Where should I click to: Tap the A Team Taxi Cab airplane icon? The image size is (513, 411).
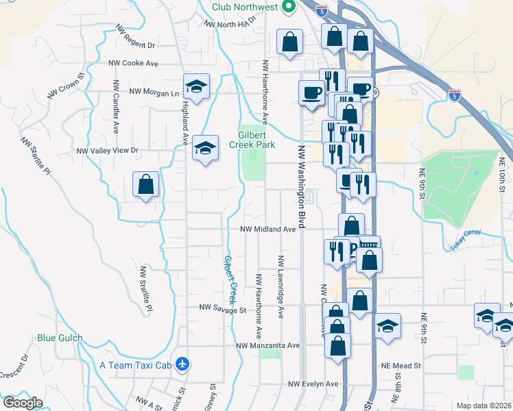click(182, 364)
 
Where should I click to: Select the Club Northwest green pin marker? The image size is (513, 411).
click(289, 7)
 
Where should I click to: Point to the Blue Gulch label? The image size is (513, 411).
click(60, 338)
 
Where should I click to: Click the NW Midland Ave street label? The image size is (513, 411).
click(267, 229)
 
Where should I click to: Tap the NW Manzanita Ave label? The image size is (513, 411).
click(268, 346)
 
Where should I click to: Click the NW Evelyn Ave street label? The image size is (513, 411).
click(313, 384)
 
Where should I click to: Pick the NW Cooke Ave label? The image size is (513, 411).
click(133, 63)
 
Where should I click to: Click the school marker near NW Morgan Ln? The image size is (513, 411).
click(197, 87)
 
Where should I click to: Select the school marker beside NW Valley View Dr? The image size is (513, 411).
click(205, 148)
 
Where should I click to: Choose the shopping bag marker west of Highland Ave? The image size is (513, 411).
click(146, 184)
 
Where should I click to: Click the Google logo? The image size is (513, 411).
click(22, 403)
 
